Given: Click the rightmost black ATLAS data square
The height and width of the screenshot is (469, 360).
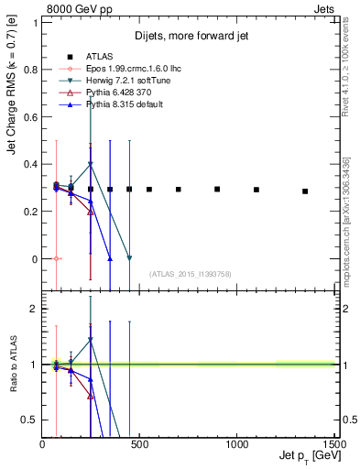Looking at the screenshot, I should tap(305, 191).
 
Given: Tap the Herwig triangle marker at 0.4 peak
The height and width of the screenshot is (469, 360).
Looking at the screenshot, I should tap(90, 164).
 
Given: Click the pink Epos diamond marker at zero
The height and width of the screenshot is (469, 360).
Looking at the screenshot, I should tap(57, 259).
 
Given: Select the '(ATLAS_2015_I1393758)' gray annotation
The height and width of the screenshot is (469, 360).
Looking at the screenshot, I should tap(189, 273).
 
